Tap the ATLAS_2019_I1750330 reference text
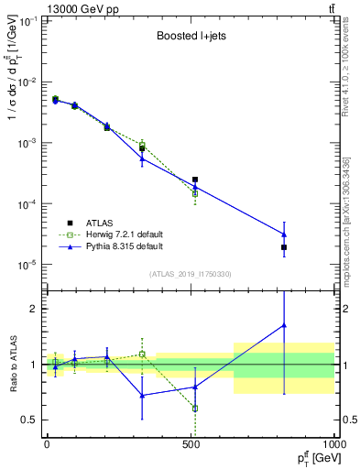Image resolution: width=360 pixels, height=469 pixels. tap(190, 274)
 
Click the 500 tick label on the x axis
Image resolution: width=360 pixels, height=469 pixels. tap(191, 444)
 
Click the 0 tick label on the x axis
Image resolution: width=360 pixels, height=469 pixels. tap(47, 444)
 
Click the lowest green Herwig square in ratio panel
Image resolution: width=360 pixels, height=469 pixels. tap(195, 409)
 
